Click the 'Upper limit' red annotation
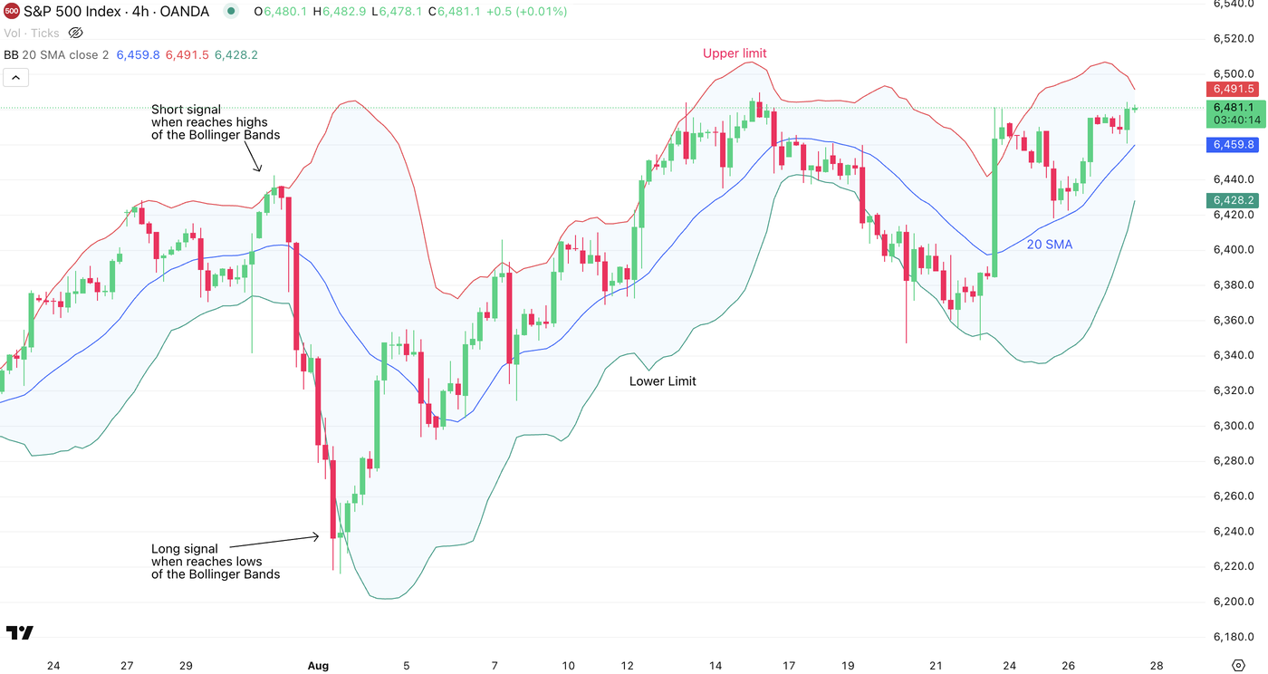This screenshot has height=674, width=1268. pyautogui.click(x=735, y=53)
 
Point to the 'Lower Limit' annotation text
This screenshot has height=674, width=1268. pyautogui.click(x=662, y=381)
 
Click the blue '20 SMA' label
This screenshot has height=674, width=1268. pyautogui.click(x=1049, y=245)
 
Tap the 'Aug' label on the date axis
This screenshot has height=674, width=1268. pyautogui.click(x=318, y=666)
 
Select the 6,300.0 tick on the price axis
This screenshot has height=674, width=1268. pyautogui.click(x=1233, y=426)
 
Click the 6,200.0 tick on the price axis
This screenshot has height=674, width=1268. pyautogui.click(x=1233, y=602)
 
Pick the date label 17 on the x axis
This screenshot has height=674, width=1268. pyautogui.click(x=789, y=666)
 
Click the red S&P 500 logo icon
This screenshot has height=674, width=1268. pyautogui.click(x=12, y=12)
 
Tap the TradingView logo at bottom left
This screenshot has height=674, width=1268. pyautogui.click(x=19, y=632)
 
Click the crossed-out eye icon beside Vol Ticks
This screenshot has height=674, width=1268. pyautogui.click(x=76, y=33)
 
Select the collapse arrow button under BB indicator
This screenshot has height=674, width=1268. pyautogui.click(x=15, y=77)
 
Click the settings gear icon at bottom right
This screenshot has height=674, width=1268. pyautogui.click(x=1238, y=666)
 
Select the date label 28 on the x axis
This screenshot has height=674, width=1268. pyautogui.click(x=1157, y=666)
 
